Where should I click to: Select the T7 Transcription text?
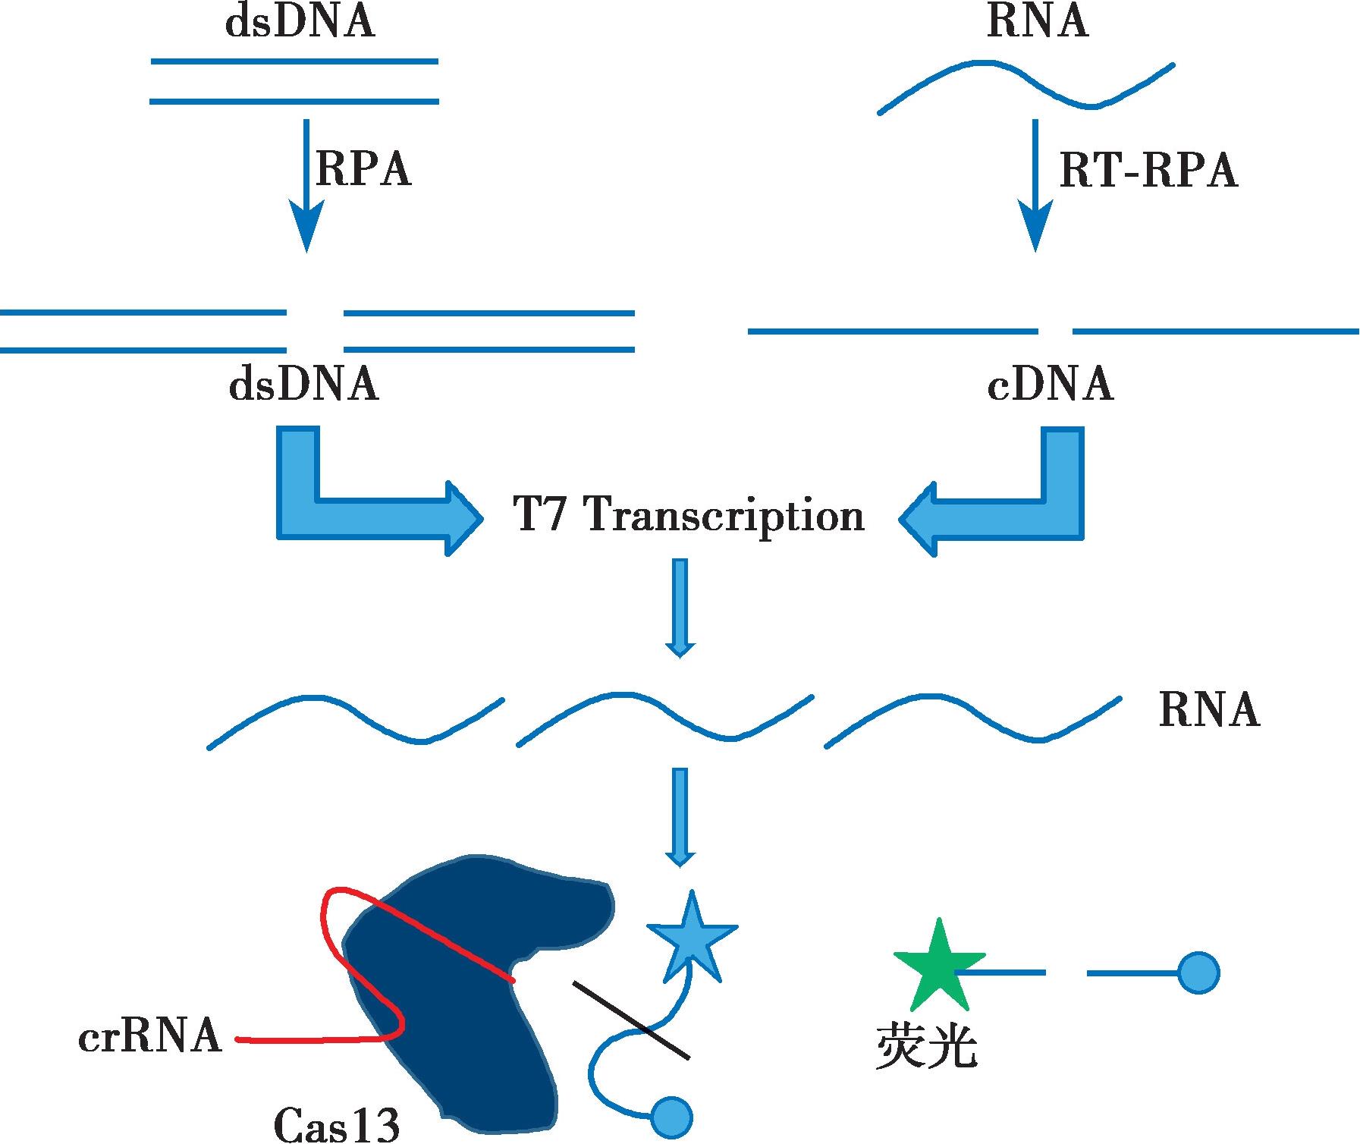(689, 516)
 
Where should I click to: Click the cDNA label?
(1051, 385)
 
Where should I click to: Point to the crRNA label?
(150, 1036)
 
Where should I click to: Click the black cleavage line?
(631, 1020)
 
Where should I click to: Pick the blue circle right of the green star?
(1198, 972)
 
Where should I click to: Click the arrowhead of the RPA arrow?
(306, 225)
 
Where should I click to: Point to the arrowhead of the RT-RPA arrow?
(1035, 225)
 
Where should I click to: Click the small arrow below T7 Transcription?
(680, 608)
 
